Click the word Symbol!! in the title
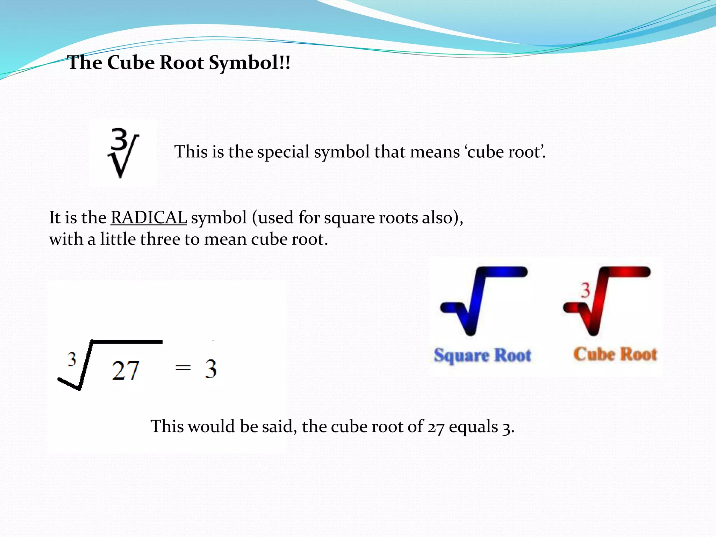click(x=249, y=63)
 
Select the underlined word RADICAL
click(x=149, y=217)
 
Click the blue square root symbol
click(x=482, y=301)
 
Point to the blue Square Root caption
click(x=482, y=355)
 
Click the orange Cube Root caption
click(x=615, y=354)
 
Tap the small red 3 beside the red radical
click(x=585, y=291)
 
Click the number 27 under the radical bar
click(x=126, y=371)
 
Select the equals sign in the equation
click(x=183, y=367)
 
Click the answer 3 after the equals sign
click(x=210, y=369)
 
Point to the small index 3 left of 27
click(x=72, y=359)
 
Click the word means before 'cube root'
click(x=435, y=152)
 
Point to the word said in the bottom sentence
click(x=278, y=427)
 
